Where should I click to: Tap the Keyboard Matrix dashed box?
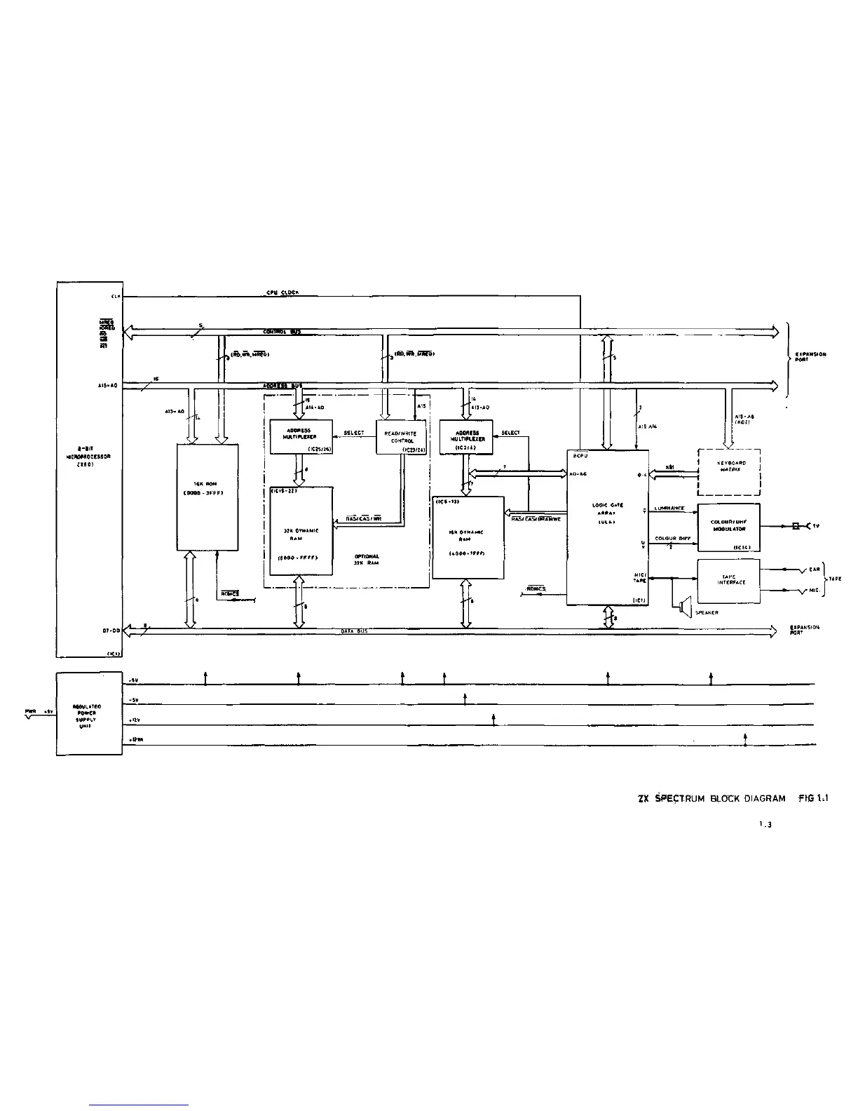coord(729,471)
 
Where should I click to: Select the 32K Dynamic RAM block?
coord(301,531)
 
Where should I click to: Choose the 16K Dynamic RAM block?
coord(468,537)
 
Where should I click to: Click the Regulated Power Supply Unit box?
coord(89,713)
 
